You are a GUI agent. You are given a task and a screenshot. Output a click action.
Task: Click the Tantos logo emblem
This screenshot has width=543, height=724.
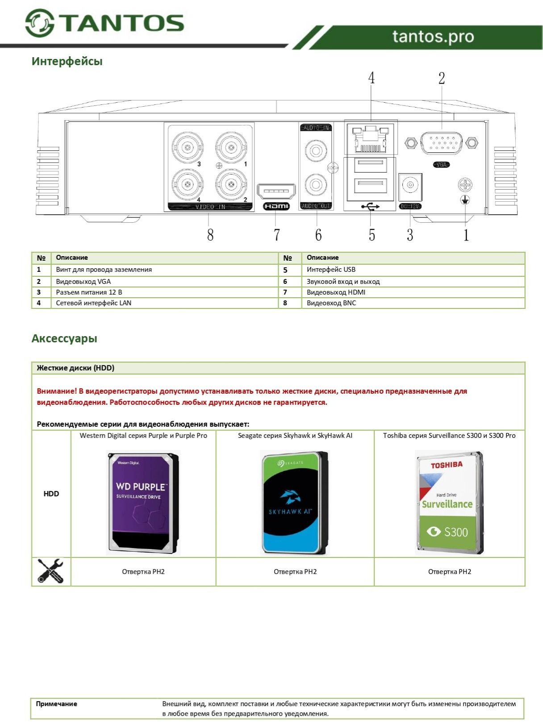40,23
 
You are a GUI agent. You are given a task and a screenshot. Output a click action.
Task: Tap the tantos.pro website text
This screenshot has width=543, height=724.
433,37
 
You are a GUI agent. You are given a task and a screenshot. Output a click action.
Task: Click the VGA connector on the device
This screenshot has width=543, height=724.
441,143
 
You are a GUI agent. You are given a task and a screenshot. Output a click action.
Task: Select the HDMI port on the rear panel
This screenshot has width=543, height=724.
276,191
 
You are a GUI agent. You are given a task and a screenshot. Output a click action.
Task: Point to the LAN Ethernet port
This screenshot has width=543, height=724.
370,139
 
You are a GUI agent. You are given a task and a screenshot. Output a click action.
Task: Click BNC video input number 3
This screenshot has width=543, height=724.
188,147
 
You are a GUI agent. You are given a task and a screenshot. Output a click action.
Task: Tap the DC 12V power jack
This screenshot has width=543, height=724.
410,185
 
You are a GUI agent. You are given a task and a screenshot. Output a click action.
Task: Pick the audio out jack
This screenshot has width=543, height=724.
316,185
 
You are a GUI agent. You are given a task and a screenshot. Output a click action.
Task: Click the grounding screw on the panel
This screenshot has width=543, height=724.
465,185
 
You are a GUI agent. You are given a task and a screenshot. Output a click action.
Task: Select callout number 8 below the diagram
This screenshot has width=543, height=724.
210,235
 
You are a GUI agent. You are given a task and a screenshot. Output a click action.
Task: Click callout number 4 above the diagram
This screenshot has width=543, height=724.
372,78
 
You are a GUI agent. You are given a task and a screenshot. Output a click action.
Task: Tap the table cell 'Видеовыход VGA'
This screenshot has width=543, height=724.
84,281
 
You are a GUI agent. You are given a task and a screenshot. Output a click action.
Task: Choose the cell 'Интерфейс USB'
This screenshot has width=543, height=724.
331,270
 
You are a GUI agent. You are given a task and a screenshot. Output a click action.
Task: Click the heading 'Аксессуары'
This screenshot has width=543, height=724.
64,338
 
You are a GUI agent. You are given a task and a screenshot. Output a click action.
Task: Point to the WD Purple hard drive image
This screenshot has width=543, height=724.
143,503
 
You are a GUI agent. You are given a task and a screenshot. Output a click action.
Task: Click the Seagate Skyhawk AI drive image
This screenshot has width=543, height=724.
295,503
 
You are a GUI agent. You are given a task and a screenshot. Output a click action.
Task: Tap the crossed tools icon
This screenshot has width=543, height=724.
50,571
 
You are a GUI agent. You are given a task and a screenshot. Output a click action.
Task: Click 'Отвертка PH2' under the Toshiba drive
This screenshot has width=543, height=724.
449,572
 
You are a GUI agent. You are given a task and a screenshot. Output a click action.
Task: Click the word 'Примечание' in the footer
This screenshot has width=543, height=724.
57,704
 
